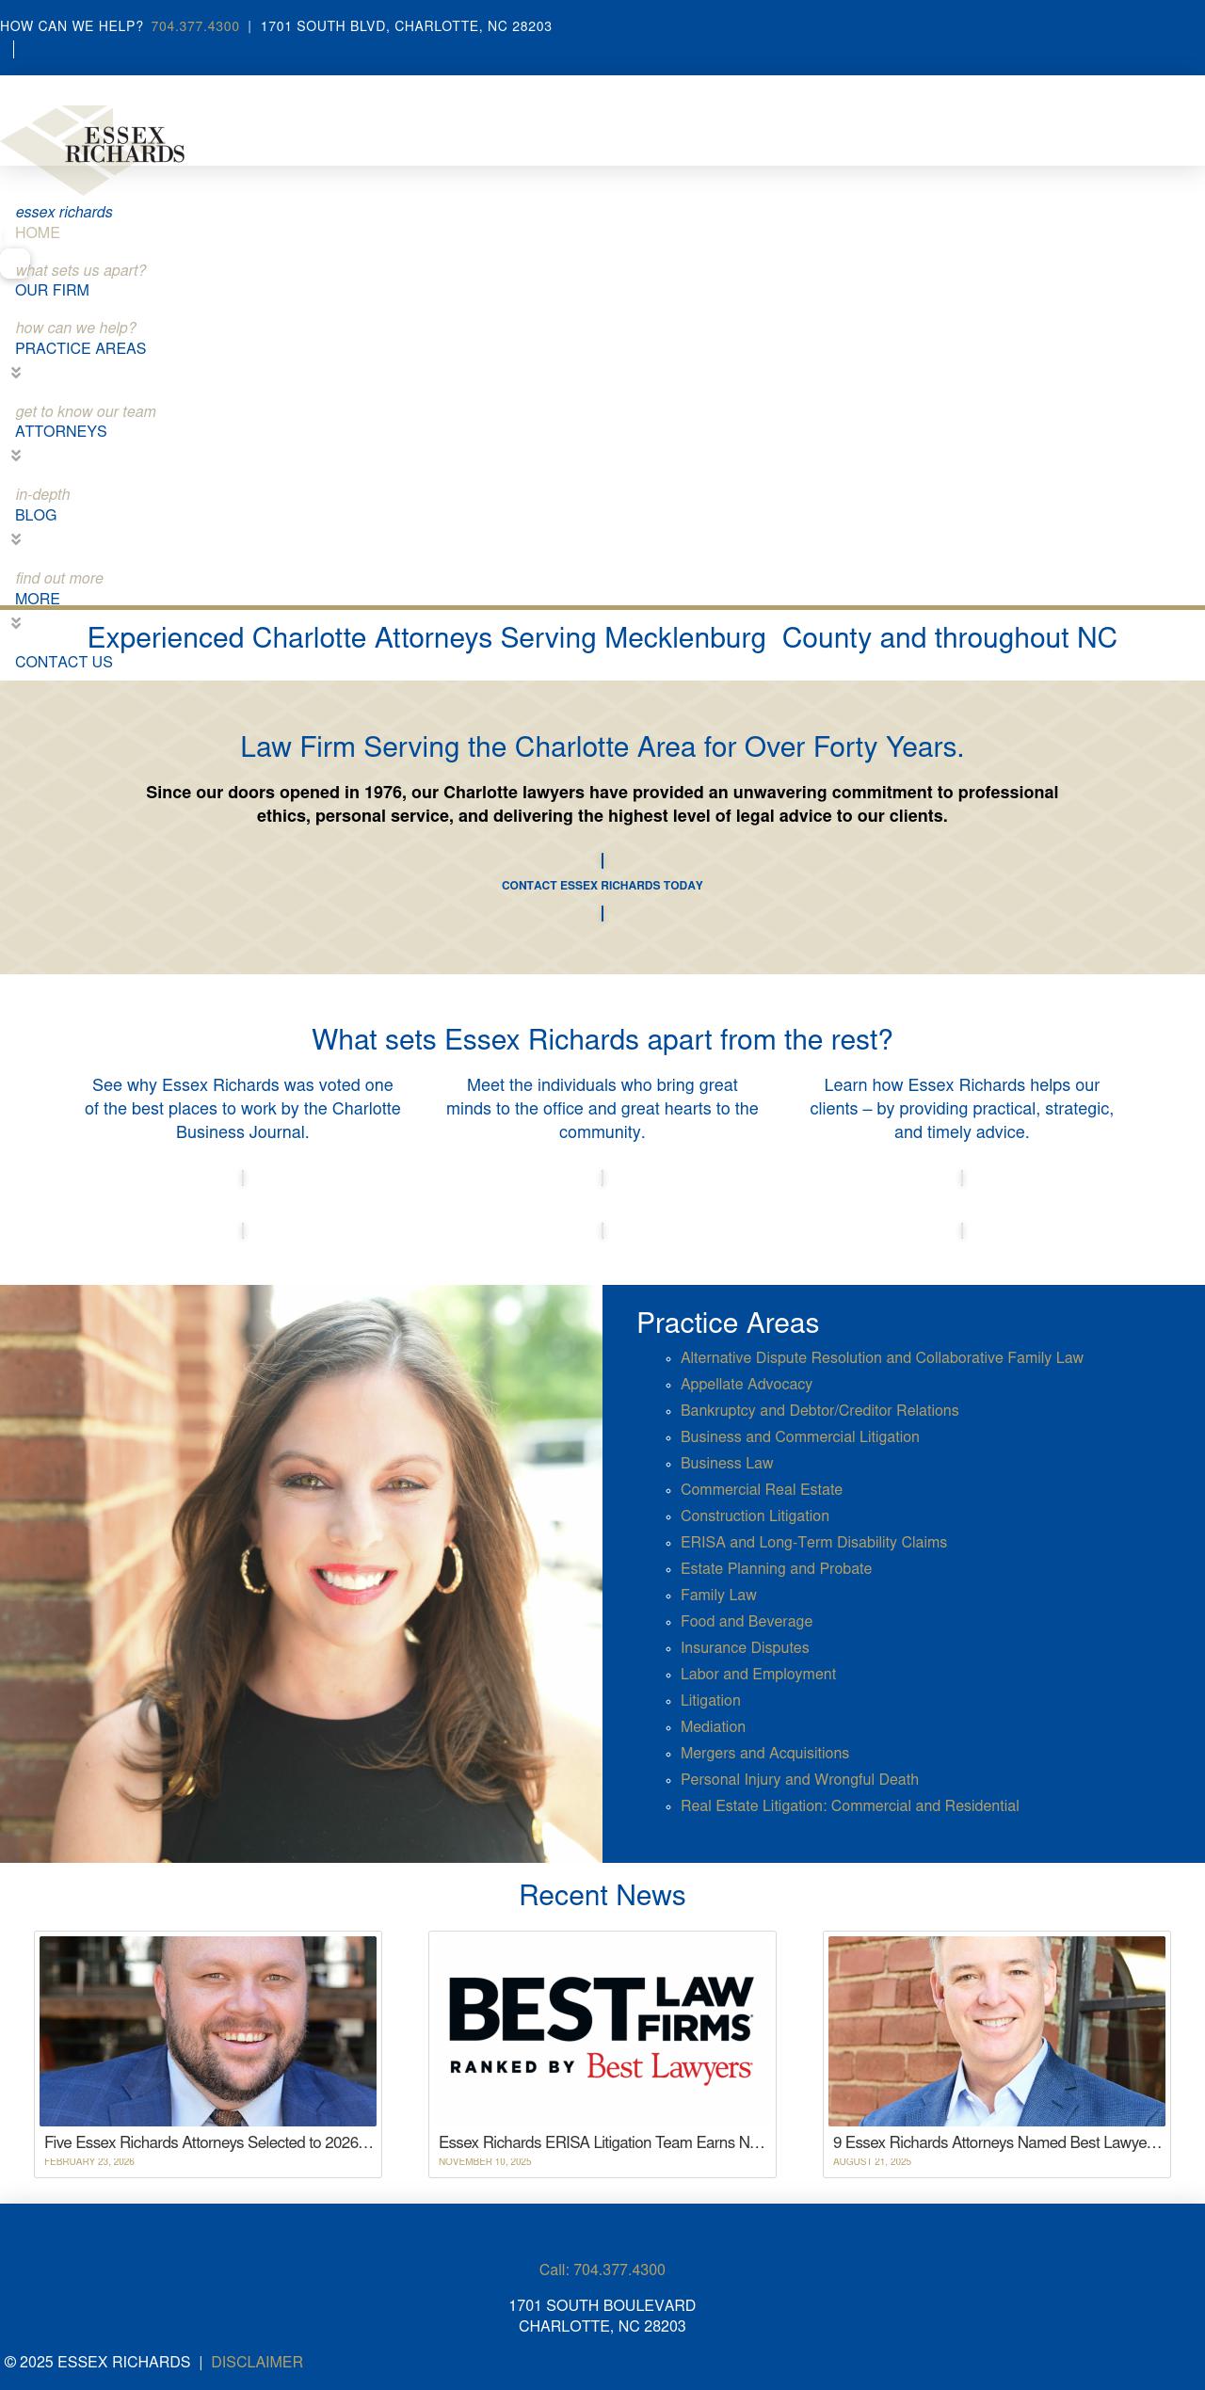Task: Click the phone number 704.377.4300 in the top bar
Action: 195,26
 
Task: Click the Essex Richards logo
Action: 94,146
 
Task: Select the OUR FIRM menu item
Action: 52,290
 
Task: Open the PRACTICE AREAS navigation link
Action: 80,348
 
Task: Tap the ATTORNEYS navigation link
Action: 60,431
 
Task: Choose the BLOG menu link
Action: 36,515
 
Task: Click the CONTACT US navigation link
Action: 63,662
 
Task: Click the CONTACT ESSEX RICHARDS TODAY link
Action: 602,885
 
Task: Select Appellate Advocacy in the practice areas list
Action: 746,1384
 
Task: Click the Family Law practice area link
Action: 718,1595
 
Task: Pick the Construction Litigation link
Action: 754,1516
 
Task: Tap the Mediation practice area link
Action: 713,1726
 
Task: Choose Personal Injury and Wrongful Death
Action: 799,1779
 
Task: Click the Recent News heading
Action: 602,1895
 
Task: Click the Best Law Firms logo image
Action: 602,2029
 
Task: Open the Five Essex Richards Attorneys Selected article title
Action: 208,2142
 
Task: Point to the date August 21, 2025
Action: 872,2161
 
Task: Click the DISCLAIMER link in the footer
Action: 256,2362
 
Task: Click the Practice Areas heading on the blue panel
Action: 727,1323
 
